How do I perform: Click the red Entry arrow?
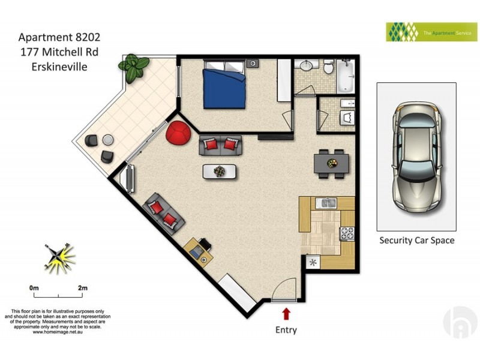click(x=286, y=313)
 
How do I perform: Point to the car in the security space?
click(x=416, y=156)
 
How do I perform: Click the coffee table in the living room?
click(x=220, y=172)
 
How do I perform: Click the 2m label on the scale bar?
click(x=83, y=289)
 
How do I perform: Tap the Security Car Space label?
click(x=416, y=241)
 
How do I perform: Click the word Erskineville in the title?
click(x=59, y=67)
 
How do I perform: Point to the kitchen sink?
click(x=329, y=203)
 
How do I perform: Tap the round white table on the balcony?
click(x=107, y=140)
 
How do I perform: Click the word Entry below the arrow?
click(x=286, y=329)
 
